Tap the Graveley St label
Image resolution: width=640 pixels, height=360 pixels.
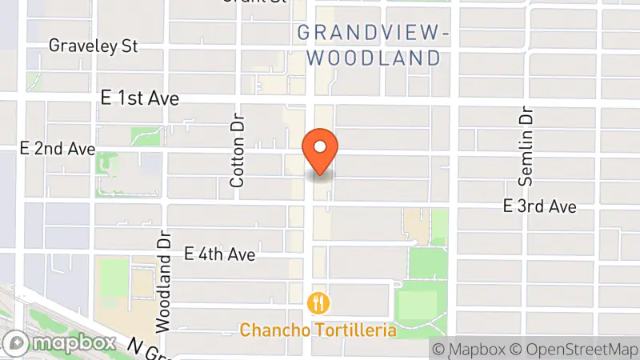(x=94, y=46)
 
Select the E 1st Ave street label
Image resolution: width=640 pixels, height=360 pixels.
(x=140, y=98)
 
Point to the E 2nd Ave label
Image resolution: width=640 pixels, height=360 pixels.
(x=57, y=149)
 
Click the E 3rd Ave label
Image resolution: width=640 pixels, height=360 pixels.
(x=539, y=206)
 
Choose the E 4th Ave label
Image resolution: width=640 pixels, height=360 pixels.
(x=219, y=254)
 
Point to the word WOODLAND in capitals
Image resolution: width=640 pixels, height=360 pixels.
(x=374, y=58)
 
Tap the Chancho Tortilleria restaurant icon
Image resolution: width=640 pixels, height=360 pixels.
(x=318, y=302)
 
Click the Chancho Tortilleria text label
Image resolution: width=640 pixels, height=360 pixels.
(x=318, y=329)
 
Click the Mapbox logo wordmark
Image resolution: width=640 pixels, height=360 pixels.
(x=75, y=343)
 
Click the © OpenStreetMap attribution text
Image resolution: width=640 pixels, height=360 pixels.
(x=574, y=349)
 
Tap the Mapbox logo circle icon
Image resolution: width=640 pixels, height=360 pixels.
(x=19, y=343)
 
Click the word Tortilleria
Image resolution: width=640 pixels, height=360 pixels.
(x=354, y=329)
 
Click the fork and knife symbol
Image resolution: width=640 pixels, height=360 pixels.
(x=318, y=302)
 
